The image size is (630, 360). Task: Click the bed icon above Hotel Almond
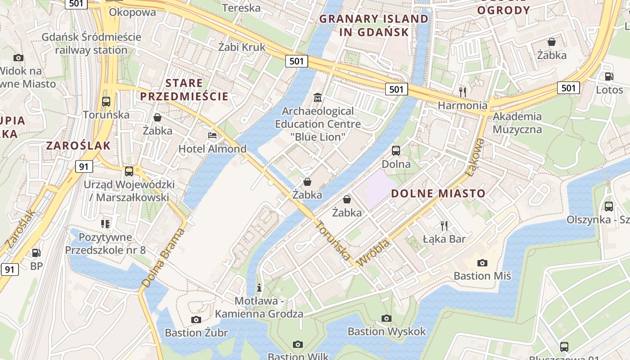(212, 135)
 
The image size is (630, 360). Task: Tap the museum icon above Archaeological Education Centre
(318, 97)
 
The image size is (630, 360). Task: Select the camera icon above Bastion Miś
(482, 263)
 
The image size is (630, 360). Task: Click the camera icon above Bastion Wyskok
(387, 319)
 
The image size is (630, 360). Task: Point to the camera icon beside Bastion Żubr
(196, 319)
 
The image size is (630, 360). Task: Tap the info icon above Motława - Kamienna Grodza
(259, 287)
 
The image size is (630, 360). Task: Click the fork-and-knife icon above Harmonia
(463, 92)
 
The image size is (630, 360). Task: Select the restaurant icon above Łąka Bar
(444, 225)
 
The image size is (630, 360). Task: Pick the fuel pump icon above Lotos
(609, 77)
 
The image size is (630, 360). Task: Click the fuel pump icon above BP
(36, 253)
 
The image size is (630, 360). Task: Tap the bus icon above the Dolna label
(396, 151)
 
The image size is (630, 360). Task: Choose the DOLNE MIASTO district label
(438, 193)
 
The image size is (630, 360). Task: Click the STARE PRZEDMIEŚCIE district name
(184, 90)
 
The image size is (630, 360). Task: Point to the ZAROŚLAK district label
(78, 145)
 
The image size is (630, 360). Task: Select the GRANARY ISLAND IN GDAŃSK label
(374, 25)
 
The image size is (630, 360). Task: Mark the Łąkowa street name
(475, 156)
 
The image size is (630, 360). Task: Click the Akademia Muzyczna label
(517, 123)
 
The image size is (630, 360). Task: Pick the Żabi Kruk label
(242, 47)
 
